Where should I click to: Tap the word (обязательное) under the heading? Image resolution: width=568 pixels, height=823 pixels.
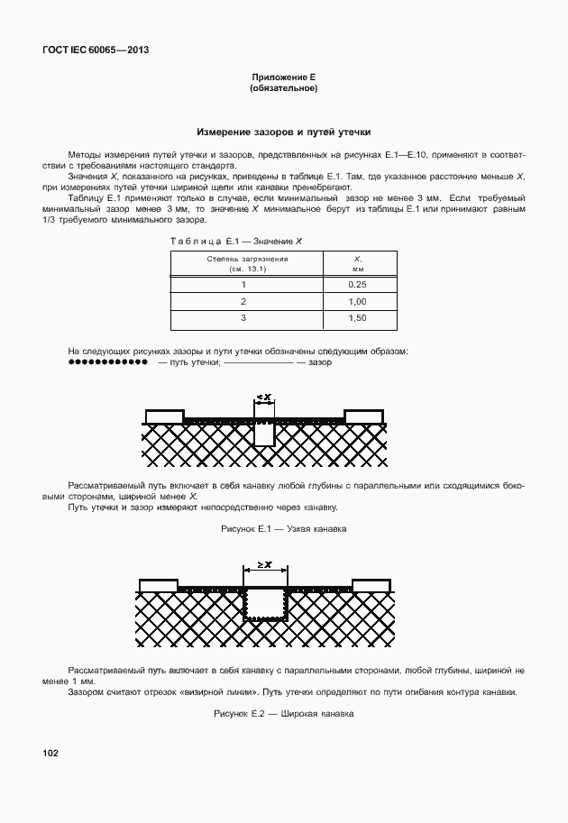[283, 89]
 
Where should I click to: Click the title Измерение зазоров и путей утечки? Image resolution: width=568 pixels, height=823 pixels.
[283, 132]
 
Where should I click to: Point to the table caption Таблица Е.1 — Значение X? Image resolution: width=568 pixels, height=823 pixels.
[236, 242]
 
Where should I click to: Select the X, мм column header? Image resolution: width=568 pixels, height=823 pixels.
[356, 263]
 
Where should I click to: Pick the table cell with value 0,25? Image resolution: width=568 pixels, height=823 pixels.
[356, 284]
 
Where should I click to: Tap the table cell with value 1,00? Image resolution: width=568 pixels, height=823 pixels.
[356, 301]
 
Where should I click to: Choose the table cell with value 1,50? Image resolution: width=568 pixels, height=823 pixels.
[356, 318]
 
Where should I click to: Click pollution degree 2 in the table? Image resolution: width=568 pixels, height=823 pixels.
[243, 301]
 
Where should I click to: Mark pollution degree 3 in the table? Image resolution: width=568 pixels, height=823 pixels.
[243, 318]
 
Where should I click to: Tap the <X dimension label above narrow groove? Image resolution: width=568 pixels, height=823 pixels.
[263, 398]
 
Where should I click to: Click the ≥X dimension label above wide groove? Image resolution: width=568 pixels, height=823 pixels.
[265, 564]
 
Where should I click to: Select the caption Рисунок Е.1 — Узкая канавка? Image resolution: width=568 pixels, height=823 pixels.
[283, 529]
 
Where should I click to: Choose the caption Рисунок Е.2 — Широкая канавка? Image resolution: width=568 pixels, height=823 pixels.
[283, 713]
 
